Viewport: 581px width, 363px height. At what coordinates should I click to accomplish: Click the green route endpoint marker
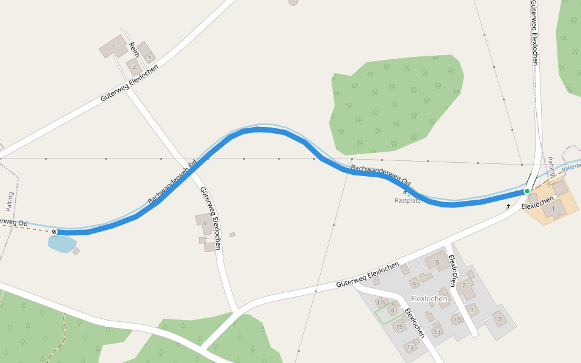click(527, 191)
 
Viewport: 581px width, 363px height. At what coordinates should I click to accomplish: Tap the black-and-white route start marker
click(54, 232)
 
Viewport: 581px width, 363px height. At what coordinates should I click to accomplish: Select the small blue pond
click(62, 244)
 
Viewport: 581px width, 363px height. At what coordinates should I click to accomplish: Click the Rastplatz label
click(407, 200)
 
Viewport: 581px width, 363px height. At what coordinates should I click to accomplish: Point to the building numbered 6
click(204, 223)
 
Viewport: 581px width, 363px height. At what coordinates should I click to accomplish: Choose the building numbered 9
click(415, 283)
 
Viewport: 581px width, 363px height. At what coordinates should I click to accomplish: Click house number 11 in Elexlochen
click(380, 302)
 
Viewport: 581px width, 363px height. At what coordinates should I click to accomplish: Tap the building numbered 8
click(392, 310)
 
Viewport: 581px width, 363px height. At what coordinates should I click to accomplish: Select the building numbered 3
click(472, 310)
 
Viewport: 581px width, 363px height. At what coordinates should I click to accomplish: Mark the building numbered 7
click(499, 318)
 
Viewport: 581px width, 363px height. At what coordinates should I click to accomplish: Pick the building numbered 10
click(458, 320)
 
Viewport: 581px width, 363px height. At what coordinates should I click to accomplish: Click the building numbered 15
click(399, 327)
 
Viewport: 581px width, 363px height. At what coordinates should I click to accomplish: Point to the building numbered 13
click(437, 332)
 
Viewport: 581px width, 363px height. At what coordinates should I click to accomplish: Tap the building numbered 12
click(411, 347)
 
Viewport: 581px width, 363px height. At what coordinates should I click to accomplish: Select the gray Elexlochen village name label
click(429, 299)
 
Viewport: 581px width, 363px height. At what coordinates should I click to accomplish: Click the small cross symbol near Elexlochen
click(508, 206)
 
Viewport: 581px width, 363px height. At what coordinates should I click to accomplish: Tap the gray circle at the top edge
click(294, 2)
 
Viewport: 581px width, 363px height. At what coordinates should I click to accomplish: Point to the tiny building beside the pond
click(76, 251)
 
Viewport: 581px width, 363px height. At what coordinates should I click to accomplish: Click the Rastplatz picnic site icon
click(405, 193)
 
